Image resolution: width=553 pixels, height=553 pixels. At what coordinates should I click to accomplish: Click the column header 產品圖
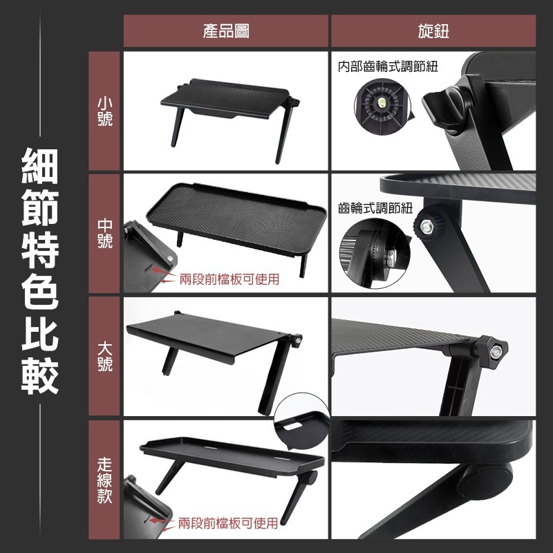pos(226,31)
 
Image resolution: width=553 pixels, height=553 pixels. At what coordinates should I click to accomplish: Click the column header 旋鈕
pos(433,31)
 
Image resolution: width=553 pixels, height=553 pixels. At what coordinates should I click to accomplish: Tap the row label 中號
pos(104,234)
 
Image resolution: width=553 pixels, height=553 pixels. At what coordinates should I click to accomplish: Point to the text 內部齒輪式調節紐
pos(388,67)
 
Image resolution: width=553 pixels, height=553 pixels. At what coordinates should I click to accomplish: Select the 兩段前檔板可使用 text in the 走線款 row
pos(227,523)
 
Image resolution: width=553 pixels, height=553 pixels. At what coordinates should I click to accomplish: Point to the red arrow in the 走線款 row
pos(162,522)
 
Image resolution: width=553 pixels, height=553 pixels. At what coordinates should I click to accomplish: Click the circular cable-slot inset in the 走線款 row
pos(302,429)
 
